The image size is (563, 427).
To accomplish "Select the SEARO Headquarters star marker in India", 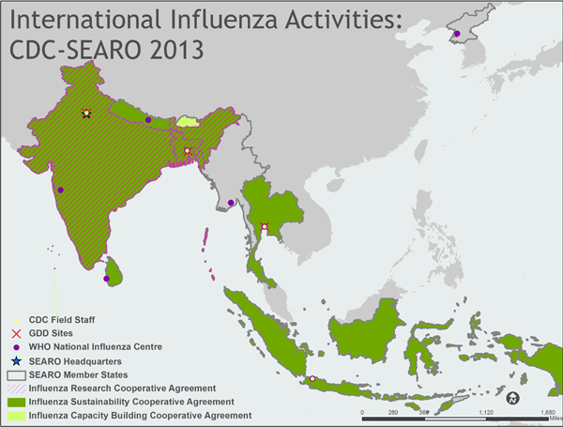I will [86, 114].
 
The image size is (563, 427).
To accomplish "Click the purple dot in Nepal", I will [148, 120].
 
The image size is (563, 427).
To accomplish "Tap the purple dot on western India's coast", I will [61, 190].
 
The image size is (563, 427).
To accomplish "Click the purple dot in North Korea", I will [457, 35].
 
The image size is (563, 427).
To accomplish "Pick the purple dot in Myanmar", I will [231, 202].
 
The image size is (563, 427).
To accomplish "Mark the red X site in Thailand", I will [265, 226].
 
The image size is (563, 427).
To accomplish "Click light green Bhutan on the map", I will [190, 121].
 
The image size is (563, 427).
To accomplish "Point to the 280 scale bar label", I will [393, 411].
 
